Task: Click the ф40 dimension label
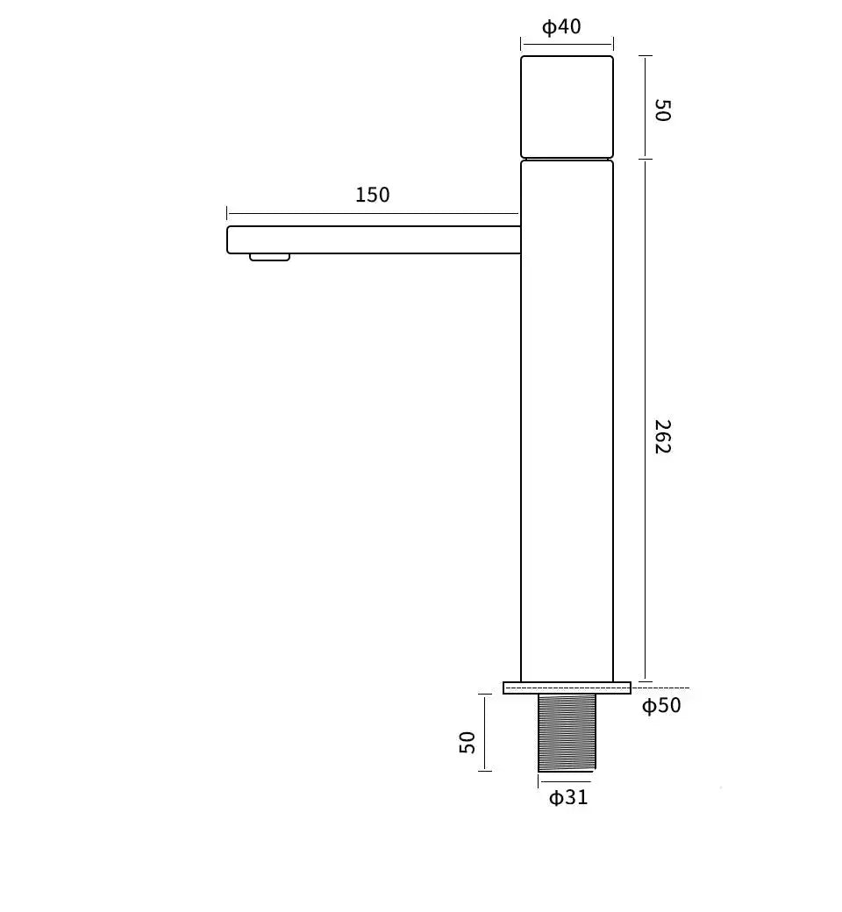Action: point(561,27)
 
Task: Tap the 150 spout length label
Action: point(373,195)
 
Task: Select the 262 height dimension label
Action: point(663,437)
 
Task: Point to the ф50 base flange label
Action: point(661,706)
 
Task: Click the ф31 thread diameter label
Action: point(568,797)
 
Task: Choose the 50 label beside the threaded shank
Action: point(467,742)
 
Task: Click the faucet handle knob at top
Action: point(567,106)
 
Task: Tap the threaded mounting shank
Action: point(567,732)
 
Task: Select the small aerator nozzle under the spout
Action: point(269,257)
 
